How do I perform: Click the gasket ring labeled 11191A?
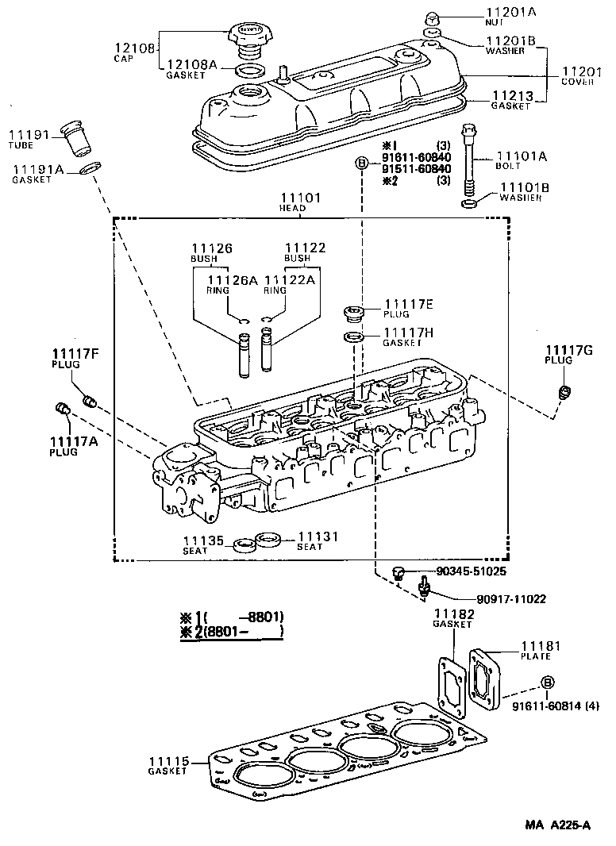coord(91,168)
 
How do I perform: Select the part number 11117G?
coord(564,350)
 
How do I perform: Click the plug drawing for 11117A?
coord(63,409)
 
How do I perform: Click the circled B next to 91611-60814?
coord(546,683)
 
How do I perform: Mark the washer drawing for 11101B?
coord(468,206)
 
